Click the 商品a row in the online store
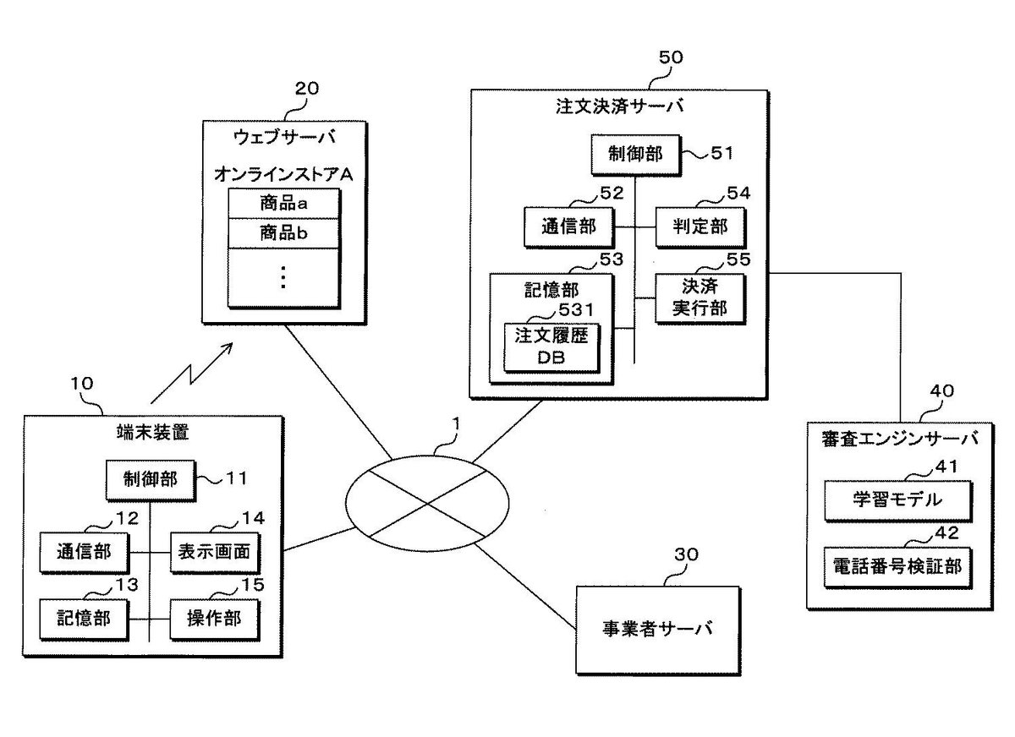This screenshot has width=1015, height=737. tap(284, 204)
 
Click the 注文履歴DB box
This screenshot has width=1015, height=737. tap(550, 346)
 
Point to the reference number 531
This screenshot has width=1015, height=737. tap(573, 310)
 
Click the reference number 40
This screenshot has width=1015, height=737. tap(941, 390)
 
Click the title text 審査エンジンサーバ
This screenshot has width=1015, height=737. tap(899, 439)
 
